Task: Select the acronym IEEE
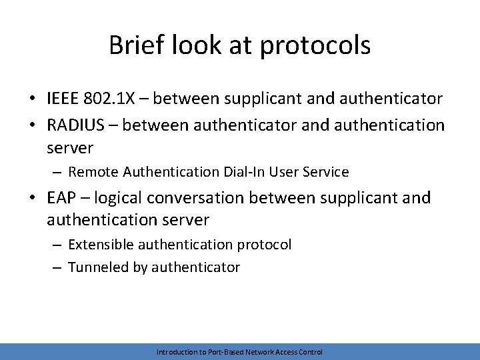[x=65, y=99]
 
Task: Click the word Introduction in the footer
[x=175, y=351]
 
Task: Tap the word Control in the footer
[x=311, y=351]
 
